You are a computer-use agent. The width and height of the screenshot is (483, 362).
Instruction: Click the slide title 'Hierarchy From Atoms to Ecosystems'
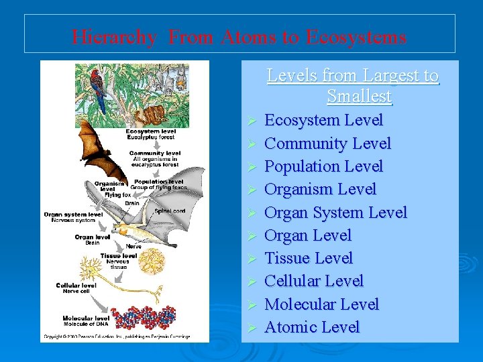239,36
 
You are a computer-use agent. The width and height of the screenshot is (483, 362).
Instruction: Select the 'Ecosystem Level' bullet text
323,121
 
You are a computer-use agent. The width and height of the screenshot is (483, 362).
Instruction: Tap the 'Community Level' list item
327,143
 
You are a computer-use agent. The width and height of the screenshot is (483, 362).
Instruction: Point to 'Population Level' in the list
323,166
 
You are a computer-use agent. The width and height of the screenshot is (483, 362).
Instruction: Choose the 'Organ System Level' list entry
335,213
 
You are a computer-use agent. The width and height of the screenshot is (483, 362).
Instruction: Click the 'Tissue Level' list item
309,258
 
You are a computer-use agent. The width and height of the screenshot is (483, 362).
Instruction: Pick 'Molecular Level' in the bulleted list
321,304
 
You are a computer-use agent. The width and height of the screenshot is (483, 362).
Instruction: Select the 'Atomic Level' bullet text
312,327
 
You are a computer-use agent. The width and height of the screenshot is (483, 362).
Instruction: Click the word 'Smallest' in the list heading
359,97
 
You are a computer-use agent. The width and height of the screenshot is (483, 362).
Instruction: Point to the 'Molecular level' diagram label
86,318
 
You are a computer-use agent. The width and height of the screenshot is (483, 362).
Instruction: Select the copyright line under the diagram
117,337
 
